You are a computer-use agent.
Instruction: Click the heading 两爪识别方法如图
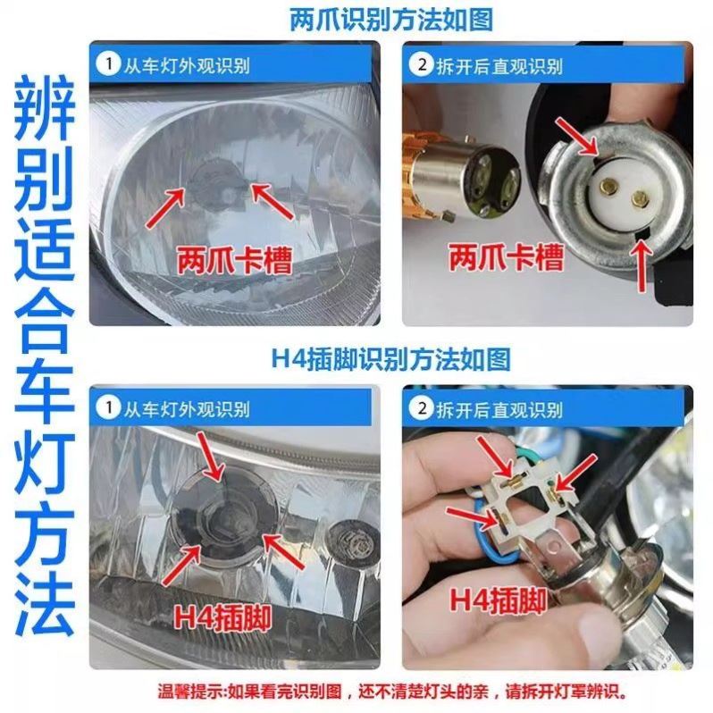pos(391,20)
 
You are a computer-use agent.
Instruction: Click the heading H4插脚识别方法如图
pos(391,359)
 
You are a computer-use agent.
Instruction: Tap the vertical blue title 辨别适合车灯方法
pos(44,356)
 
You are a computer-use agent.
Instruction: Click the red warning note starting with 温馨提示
pos(392,692)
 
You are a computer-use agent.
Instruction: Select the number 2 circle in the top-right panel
pos(422,64)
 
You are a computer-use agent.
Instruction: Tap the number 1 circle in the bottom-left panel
pos(108,407)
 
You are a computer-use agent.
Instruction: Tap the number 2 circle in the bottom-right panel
pos(422,408)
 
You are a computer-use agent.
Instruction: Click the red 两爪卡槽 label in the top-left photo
pos(234,260)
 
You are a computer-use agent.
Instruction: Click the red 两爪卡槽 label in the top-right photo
pos(506,257)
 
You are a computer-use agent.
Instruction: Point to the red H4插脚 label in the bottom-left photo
pos(222,617)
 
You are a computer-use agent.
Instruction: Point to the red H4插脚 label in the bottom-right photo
pos(499,600)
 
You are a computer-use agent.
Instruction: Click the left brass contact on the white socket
pos(608,185)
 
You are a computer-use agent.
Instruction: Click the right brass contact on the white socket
pos(640,197)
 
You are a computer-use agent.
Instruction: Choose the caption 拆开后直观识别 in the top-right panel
pos(499,66)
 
